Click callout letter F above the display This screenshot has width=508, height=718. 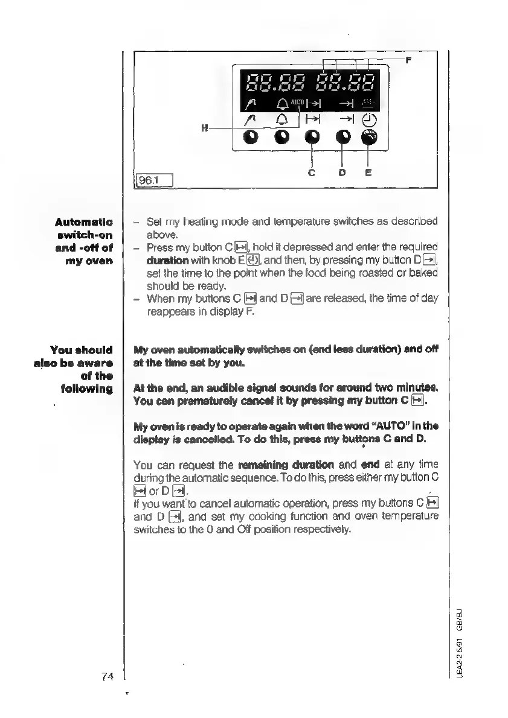point(408,60)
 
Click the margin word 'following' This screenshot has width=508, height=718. point(88,388)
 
